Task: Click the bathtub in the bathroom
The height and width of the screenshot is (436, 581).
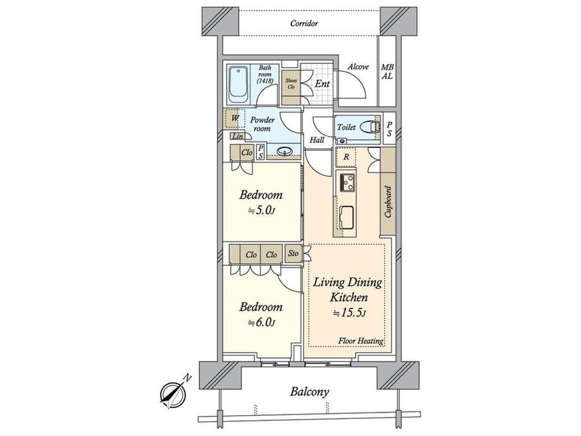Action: pyautogui.click(x=238, y=85)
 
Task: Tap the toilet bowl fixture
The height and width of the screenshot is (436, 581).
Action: pyautogui.click(x=371, y=126)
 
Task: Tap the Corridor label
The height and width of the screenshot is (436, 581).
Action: pyautogui.click(x=304, y=24)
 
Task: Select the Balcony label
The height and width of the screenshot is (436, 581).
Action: pyautogui.click(x=309, y=392)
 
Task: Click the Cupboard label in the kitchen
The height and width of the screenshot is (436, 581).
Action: pyautogui.click(x=388, y=202)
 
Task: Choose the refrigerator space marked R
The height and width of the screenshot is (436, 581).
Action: pyautogui.click(x=346, y=157)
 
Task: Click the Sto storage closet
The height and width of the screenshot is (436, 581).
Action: pyautogui.click(x=293, y=253)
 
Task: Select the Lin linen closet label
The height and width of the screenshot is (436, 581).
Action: pyautogui.click(x=237, y=136)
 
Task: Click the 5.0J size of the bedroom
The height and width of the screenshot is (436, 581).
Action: pyautogui.click(x=261, y=211)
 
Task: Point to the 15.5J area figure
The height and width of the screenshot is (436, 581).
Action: pyautogui.click(x=350, y=313)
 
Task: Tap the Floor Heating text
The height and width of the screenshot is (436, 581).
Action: pyautogui.click(x=361, y=341)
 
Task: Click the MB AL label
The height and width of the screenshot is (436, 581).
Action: pyautogui.click(x=387, y=72)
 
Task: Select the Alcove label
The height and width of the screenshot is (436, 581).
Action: pyautogui.click(x=358, y=67)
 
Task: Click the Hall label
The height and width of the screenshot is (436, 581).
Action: pyautogui.click(x=317, y=140)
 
